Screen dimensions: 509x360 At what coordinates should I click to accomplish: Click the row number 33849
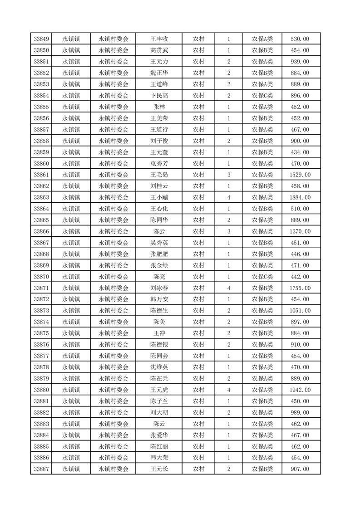[x=42, y=39]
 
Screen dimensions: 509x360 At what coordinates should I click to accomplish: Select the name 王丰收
[x=159, y=39]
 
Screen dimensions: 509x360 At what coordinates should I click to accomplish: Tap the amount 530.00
[x=300, y=39]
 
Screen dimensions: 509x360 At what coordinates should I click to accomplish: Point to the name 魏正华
[x=159, y=73]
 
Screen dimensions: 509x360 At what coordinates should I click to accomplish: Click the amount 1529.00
[x=300, y=175]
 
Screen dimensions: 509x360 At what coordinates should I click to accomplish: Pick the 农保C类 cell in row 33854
[x=262, y=96]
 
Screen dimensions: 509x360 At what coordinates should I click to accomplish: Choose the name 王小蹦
[x=159, y=197]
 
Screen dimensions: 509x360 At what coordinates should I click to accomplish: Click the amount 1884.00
[x=300, y=197]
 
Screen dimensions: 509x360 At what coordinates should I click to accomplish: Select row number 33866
[x=42, y=231]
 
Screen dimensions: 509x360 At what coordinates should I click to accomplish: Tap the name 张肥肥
[x=159, y=254]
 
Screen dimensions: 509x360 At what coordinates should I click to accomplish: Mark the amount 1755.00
[x=300, y=288]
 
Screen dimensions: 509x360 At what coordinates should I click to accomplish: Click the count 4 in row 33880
[x=228, y=390]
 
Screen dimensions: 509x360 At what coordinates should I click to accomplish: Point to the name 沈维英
[x=159, y=367]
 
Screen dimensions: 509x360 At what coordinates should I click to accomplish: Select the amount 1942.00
[x=300, y=390]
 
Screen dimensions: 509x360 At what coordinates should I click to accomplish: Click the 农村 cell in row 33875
[x=198, y=333]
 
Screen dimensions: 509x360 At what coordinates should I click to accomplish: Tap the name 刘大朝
[x=159, y=412]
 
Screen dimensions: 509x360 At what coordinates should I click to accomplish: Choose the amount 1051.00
[x=300, y=310]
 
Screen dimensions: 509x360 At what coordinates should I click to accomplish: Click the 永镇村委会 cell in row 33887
[x=113, y=469]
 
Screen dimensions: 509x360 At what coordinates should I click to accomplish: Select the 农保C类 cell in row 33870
[x=262, y=277]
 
